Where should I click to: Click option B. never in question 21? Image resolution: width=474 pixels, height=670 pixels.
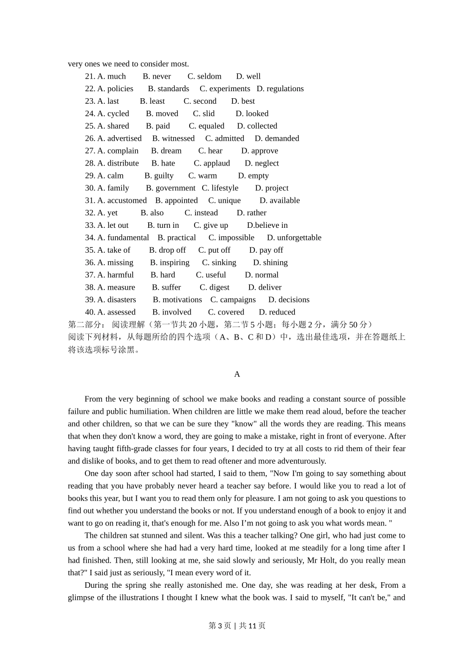point(157,76)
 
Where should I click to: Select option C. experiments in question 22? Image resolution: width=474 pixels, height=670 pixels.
point(225,89)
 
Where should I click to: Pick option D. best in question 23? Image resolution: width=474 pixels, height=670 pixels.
point(243,101)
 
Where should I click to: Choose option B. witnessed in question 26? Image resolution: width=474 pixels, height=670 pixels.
point(173,139)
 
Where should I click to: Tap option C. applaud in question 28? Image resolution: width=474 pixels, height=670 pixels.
point(212,164)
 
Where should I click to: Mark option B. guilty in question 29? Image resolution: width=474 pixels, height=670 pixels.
point(159,175)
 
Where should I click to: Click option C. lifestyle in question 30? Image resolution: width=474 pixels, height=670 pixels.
point(220,188)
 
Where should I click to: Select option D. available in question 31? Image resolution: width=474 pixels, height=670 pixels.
point(279,200)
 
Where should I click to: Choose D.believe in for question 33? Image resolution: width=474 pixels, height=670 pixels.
point(267,225)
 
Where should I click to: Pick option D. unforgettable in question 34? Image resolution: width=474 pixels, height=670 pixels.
point(294,238)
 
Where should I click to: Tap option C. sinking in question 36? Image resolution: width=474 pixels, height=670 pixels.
point(219,263)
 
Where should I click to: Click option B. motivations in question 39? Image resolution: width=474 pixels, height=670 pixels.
point(177,300)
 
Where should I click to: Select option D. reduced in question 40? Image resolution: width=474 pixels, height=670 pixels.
point(277,312)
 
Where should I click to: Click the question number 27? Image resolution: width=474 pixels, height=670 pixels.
point(90,151)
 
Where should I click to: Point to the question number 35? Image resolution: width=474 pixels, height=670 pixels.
point(90,250)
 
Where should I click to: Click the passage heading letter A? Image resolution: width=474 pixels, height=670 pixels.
point(237,374)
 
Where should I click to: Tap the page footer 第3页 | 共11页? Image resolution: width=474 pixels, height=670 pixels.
point(237,626)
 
